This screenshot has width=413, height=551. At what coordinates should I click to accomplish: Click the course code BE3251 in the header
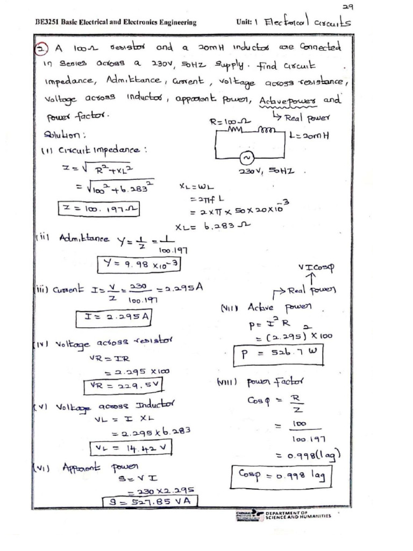(46, 23)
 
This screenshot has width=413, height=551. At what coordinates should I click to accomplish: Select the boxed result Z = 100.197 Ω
(98, 208)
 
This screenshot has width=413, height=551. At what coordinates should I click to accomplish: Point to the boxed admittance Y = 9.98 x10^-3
(140, 264)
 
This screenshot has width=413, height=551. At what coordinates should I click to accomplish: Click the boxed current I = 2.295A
(115, 318)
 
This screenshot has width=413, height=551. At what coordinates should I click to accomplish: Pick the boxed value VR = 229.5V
(123, 385)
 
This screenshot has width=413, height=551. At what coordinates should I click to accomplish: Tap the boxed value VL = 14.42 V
(131, 448)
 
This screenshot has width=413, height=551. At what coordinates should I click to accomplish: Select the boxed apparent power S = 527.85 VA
(149, 502)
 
